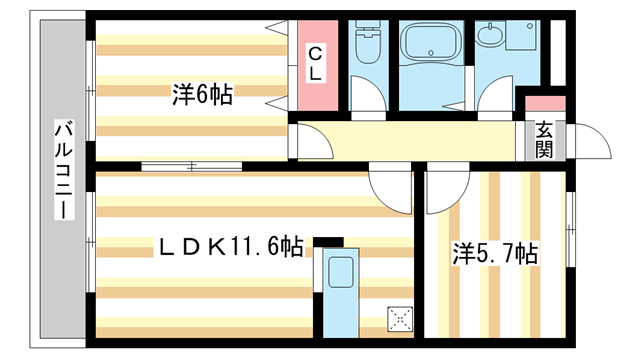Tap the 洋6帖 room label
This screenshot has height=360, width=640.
click(x=202, y=95)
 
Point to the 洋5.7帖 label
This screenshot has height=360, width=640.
click(x=495, y=253)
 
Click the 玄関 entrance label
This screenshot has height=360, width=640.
click(x=544, y=140)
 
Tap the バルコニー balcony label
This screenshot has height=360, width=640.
click(x=64, y=170)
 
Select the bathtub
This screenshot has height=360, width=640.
click(x=431, y=42)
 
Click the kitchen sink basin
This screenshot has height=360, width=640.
click(x=341, y=272)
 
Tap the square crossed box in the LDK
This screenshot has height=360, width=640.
click(x=400, y=319)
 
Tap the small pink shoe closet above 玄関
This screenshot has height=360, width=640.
click(x=545, y=104)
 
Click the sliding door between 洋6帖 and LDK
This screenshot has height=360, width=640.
click(x=192, y=167)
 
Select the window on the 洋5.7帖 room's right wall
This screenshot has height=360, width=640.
click(x=571, y=230)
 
